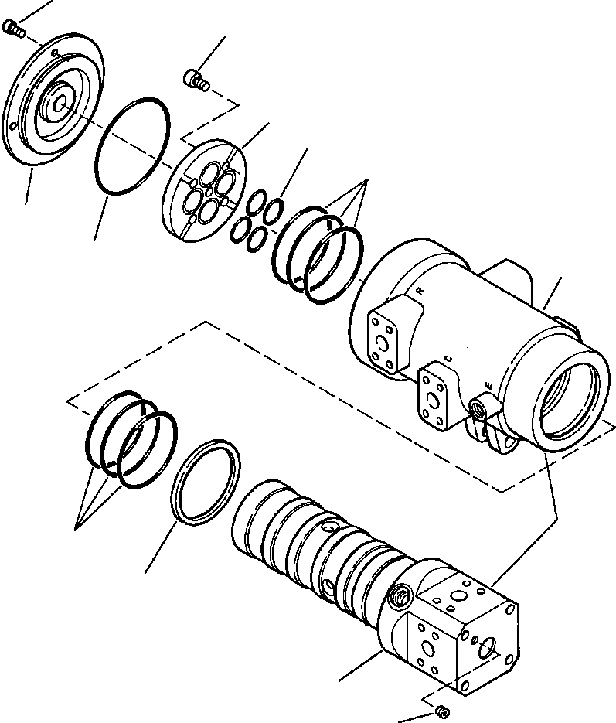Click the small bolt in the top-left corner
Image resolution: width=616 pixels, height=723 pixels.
14,29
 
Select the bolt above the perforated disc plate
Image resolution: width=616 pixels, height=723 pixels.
196,78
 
